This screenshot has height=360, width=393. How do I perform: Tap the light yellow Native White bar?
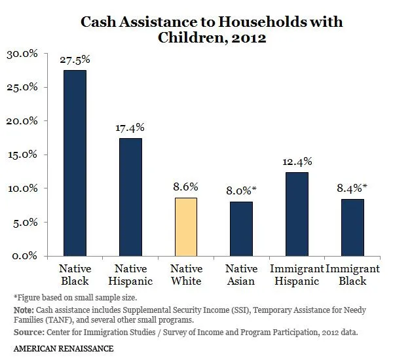click(x=186, y=226)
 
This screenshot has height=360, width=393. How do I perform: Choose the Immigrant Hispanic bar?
click(x=297, y=213)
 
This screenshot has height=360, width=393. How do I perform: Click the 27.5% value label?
click(x=75, y=60)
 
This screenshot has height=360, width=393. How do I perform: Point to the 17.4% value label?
click(x=130, y=128)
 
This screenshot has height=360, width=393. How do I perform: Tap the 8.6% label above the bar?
click(x=186, y=187)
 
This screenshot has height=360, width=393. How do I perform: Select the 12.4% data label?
click(x=297, y=162)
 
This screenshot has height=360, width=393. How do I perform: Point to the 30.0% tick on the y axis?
click(x=22, y=54)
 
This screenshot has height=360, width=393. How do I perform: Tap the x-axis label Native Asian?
click(x=241, y=275)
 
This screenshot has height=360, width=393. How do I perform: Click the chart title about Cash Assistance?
click(x=211, y=29)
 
